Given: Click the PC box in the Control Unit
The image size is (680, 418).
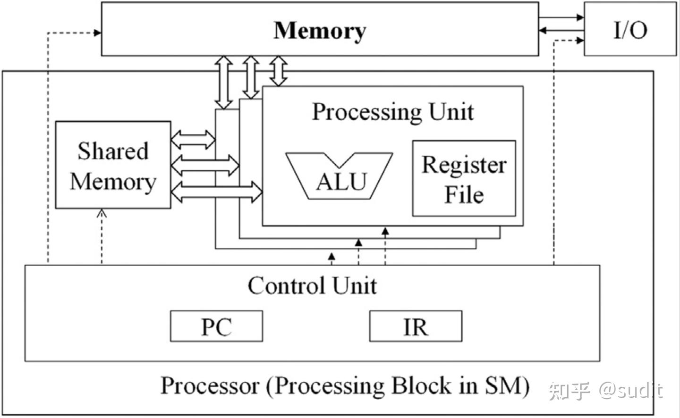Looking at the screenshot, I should (216, 326).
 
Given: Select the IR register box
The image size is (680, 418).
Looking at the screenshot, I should (416, 326).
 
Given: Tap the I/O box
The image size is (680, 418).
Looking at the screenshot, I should (630, 29).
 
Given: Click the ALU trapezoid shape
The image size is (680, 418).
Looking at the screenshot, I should (340, 176).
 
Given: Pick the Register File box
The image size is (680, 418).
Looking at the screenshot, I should (464, 178).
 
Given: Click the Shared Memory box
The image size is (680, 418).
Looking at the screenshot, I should (113, 165).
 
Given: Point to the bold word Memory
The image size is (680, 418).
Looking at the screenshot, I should (320, 30).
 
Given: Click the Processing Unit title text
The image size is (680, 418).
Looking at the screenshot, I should (392, 112).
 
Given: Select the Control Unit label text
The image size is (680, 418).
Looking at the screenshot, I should (312, 286).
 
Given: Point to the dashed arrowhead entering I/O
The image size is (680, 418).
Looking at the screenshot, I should (580, 41).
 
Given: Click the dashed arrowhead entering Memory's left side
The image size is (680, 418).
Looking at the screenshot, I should (97, 33).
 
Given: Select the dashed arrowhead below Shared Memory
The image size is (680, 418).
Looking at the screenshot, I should (102, 213).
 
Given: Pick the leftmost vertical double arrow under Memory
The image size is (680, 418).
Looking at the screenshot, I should (223, 83).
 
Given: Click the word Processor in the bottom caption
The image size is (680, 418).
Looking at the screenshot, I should (210, 386).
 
